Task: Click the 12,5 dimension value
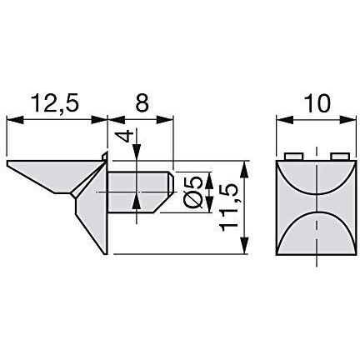click(x=56, y=103)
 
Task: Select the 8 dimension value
click(x=142, y=102)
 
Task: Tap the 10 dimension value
click(x=317, y=103)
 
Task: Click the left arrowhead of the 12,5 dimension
click(x=14, y=120)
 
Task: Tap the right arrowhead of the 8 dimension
click(x=165, y=120)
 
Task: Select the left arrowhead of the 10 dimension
click(x=284, y=120)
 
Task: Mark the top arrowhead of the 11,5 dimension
click(x=244, y=168)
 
